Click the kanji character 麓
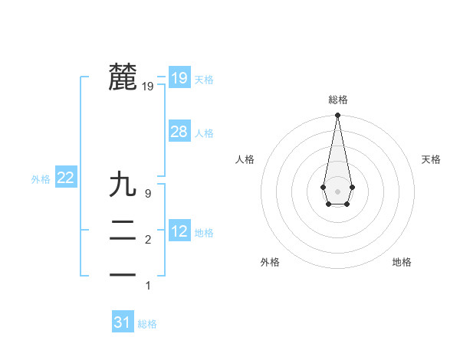123,77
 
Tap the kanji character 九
123,185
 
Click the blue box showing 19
179,77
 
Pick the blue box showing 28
179,132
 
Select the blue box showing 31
123,322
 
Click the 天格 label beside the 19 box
204,80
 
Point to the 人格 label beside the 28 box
204,133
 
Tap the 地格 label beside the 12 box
204,233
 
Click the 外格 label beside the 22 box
41,180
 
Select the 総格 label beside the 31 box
147,325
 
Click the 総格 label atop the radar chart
338,100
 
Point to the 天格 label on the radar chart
431,159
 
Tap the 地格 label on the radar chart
402,263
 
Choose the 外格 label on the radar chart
270,263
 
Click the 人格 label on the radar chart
245,159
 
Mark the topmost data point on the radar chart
337,116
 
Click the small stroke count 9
148,194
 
